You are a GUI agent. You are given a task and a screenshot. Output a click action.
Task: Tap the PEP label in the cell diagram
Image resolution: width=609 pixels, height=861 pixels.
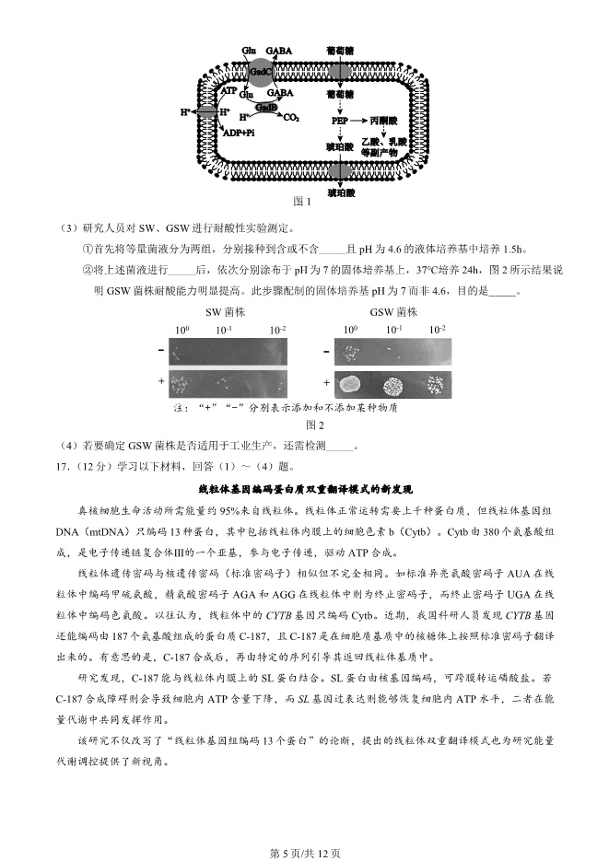pos(338,120)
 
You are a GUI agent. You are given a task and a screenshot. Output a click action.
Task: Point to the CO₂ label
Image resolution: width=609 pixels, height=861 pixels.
pos(291,119)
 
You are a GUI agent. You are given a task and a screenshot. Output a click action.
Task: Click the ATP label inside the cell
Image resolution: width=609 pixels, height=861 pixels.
pos(228,90)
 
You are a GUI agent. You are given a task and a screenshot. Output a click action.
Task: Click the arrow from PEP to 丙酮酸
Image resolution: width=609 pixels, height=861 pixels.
pos(359,120)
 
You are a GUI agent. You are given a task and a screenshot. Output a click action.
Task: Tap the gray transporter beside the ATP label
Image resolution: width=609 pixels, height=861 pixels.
pos(208,111)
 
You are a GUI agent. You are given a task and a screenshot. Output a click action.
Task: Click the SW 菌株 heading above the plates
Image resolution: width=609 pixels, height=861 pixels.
pos(223,312)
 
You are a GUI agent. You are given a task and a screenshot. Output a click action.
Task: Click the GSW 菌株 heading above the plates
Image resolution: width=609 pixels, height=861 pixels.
pos(393,312)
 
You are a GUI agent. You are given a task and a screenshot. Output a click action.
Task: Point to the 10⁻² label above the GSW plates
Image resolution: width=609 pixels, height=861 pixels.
pos(437,330)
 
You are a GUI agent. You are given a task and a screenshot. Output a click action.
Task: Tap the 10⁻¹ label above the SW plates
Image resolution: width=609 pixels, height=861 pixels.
pos(224,330)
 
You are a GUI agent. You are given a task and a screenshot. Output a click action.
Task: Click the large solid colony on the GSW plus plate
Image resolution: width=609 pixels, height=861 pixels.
pos(350,384)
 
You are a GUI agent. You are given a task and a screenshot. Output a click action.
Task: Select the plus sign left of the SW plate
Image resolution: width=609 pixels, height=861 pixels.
pos(161,381)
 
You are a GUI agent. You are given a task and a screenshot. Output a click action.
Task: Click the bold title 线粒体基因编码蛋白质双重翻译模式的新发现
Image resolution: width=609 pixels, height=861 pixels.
pos(305,488)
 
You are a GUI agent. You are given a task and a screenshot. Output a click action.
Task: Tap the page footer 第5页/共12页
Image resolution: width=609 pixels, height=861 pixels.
pos(304,852)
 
